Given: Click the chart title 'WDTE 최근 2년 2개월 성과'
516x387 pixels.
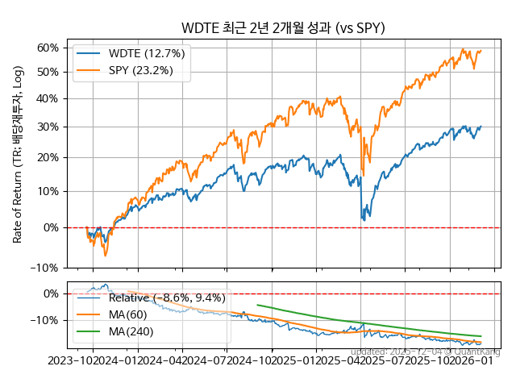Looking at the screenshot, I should [x=283, y=28].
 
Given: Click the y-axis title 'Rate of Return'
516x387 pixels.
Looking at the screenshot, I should [x=17, y=153].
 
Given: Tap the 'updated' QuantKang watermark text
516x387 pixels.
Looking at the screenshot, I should [x=425, y=352].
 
